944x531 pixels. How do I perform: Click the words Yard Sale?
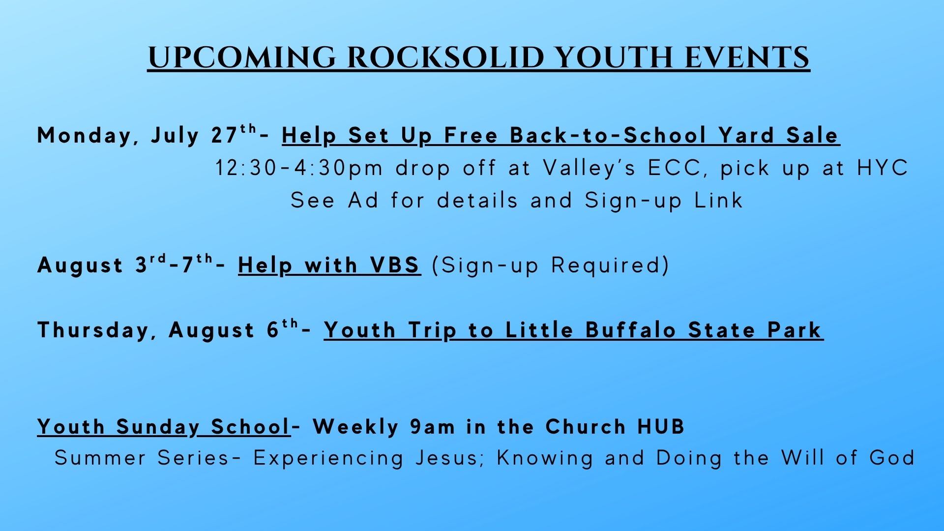[x=779, y=135]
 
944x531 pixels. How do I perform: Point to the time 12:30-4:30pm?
[x=299, y=168]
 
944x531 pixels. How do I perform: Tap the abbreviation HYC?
[x=883, y=168]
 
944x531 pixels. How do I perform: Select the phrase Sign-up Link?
[x=664, y=201]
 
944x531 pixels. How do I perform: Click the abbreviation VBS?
[x=395, y=265]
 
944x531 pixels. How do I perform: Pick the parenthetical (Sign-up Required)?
[x=551, y=265]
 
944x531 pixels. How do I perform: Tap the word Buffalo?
[x=631, y=329]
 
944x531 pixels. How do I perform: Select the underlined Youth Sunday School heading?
[x=164, y=427]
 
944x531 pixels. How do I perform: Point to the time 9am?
[x=433, y=427]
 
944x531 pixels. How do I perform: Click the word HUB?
[x=661, y=427]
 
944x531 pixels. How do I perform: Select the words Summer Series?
[x=142, y=458]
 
